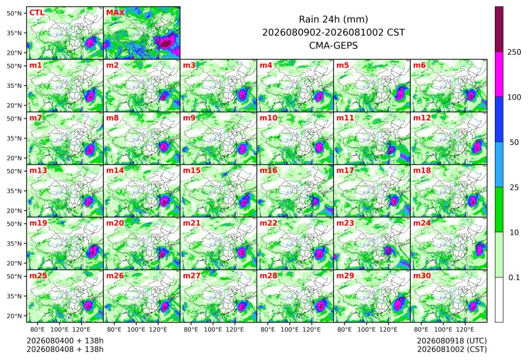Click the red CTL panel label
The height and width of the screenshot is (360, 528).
click(x=37, y=12)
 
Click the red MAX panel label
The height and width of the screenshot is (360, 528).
click(x=115, y=12)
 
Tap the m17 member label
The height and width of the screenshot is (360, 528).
click(x=345, y=170)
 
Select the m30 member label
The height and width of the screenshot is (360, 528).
click(x=422, y=275)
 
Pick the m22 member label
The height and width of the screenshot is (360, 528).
click(x=268, y=223)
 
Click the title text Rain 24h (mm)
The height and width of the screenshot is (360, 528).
click(x=333, y=19)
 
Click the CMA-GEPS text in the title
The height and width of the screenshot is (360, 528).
click(x=333, y=45)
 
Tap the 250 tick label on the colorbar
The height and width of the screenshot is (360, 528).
click(x=514, y=52)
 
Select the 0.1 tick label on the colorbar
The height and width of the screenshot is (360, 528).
click(x=514, y=278)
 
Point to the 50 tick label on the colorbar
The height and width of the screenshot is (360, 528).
click(x=514, y=143)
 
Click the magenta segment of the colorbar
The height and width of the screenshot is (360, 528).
click(x=499, y=74)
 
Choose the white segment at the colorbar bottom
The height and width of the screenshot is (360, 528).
click(x=499, y=300)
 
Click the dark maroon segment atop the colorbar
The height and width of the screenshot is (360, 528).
click(x=499, y=29)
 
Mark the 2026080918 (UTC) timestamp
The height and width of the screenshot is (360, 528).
click(x=452, y=341)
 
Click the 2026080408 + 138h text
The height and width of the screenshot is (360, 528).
click(x=65, y=349)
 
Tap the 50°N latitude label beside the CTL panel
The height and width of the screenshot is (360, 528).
click(x=14, y=13)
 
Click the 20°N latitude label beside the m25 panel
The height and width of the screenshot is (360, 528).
click(x=14, y=316)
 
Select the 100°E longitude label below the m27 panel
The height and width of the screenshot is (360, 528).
click(x=213, y=329)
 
